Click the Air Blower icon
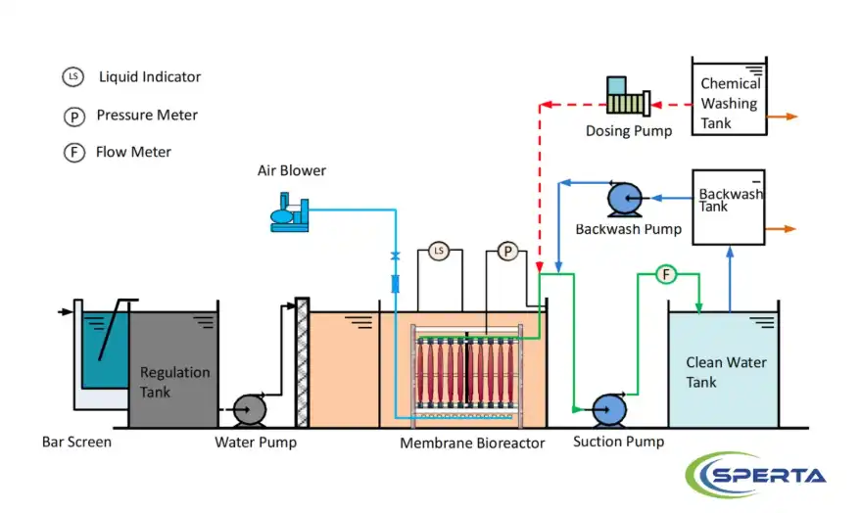point(290,211)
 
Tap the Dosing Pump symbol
point(628,98)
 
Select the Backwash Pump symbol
point(624,199)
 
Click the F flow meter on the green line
point(667,275)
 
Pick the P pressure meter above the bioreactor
point(507,252)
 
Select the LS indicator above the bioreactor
point(439,252)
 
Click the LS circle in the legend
point(73,76)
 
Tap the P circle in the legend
point(73,117)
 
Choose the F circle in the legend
point(73,153)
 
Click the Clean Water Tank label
point(726,372)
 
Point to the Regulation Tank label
point(174,382)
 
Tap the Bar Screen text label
point(76,442)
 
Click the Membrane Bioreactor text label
point(471,443)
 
